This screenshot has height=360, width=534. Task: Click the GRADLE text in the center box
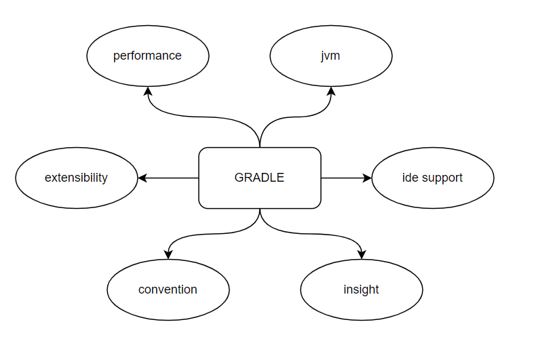259,178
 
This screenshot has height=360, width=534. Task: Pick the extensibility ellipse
76,193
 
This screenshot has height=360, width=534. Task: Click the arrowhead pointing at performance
148,91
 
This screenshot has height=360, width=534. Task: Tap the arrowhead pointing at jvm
330,91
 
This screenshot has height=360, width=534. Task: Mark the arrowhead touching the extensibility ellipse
142,178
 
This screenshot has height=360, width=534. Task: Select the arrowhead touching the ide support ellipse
367,178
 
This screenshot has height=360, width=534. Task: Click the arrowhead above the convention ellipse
168,254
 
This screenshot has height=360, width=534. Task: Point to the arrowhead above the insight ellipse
362,254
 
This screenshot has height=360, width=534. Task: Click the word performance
147,56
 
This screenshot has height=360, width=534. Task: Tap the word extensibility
76,178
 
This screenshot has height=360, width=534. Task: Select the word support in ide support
442,178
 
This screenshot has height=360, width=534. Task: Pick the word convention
168,289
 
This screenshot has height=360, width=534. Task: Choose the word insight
361,289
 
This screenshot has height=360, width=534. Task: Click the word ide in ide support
411,178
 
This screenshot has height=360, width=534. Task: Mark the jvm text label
330,56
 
